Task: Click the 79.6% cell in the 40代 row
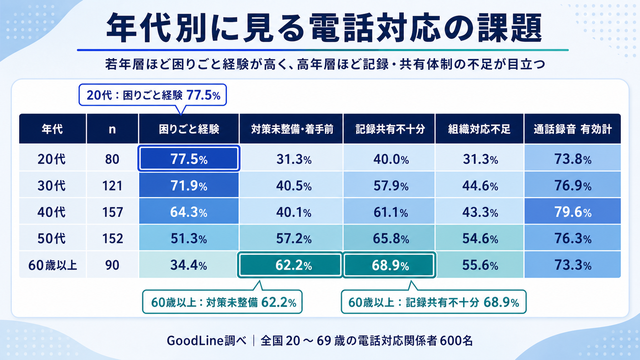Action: coord(573,212)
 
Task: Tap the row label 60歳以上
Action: coord(53,265)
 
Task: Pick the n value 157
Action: coord(113,212)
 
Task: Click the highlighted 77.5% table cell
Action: coord(189,159)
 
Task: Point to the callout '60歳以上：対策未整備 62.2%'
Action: coord(222,302)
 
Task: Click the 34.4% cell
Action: coord(189,265)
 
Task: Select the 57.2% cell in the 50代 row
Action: coord(294,238)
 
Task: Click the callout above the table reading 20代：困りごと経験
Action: coord(153,95)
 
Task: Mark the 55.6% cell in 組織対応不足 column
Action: coord(480,265)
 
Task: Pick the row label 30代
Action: coord(51,186)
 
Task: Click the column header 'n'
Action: coord(112,129)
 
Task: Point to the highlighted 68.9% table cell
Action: coord(390,265)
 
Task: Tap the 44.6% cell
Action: coord(480,186)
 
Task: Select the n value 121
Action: coord(112,186)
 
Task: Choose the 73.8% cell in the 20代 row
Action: coord(573,159)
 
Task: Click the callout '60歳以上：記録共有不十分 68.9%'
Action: coord(434,302)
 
